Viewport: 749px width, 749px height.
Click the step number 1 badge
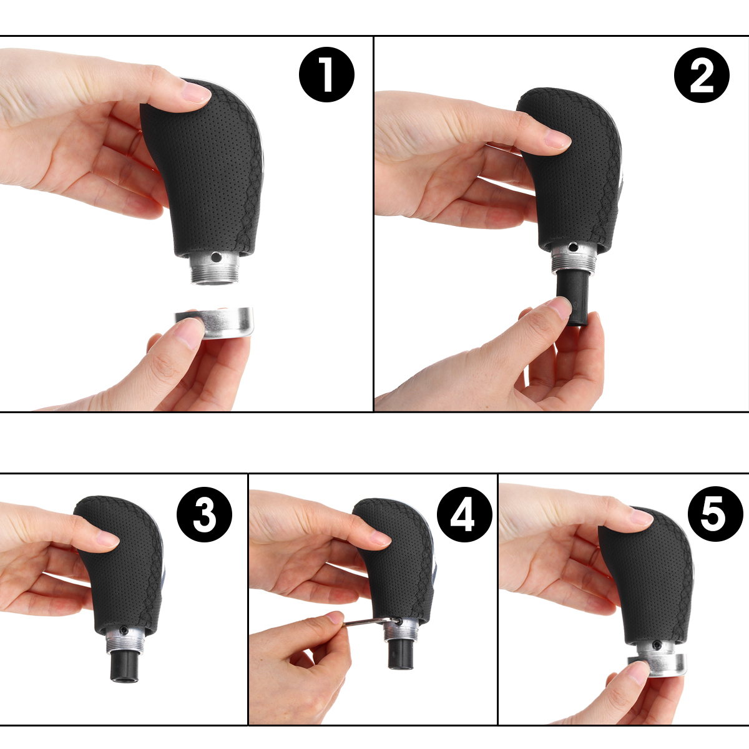coord(326,75)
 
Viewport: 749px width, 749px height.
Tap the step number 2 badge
coord(702,75)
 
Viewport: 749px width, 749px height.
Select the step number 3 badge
coord(205,516)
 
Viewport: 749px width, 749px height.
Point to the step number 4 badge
coord(464,516)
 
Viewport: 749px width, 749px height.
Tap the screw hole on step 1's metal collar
coord(215,257)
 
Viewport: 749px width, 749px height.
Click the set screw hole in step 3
coord(124,629)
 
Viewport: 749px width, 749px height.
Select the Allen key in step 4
coord(365,620)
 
